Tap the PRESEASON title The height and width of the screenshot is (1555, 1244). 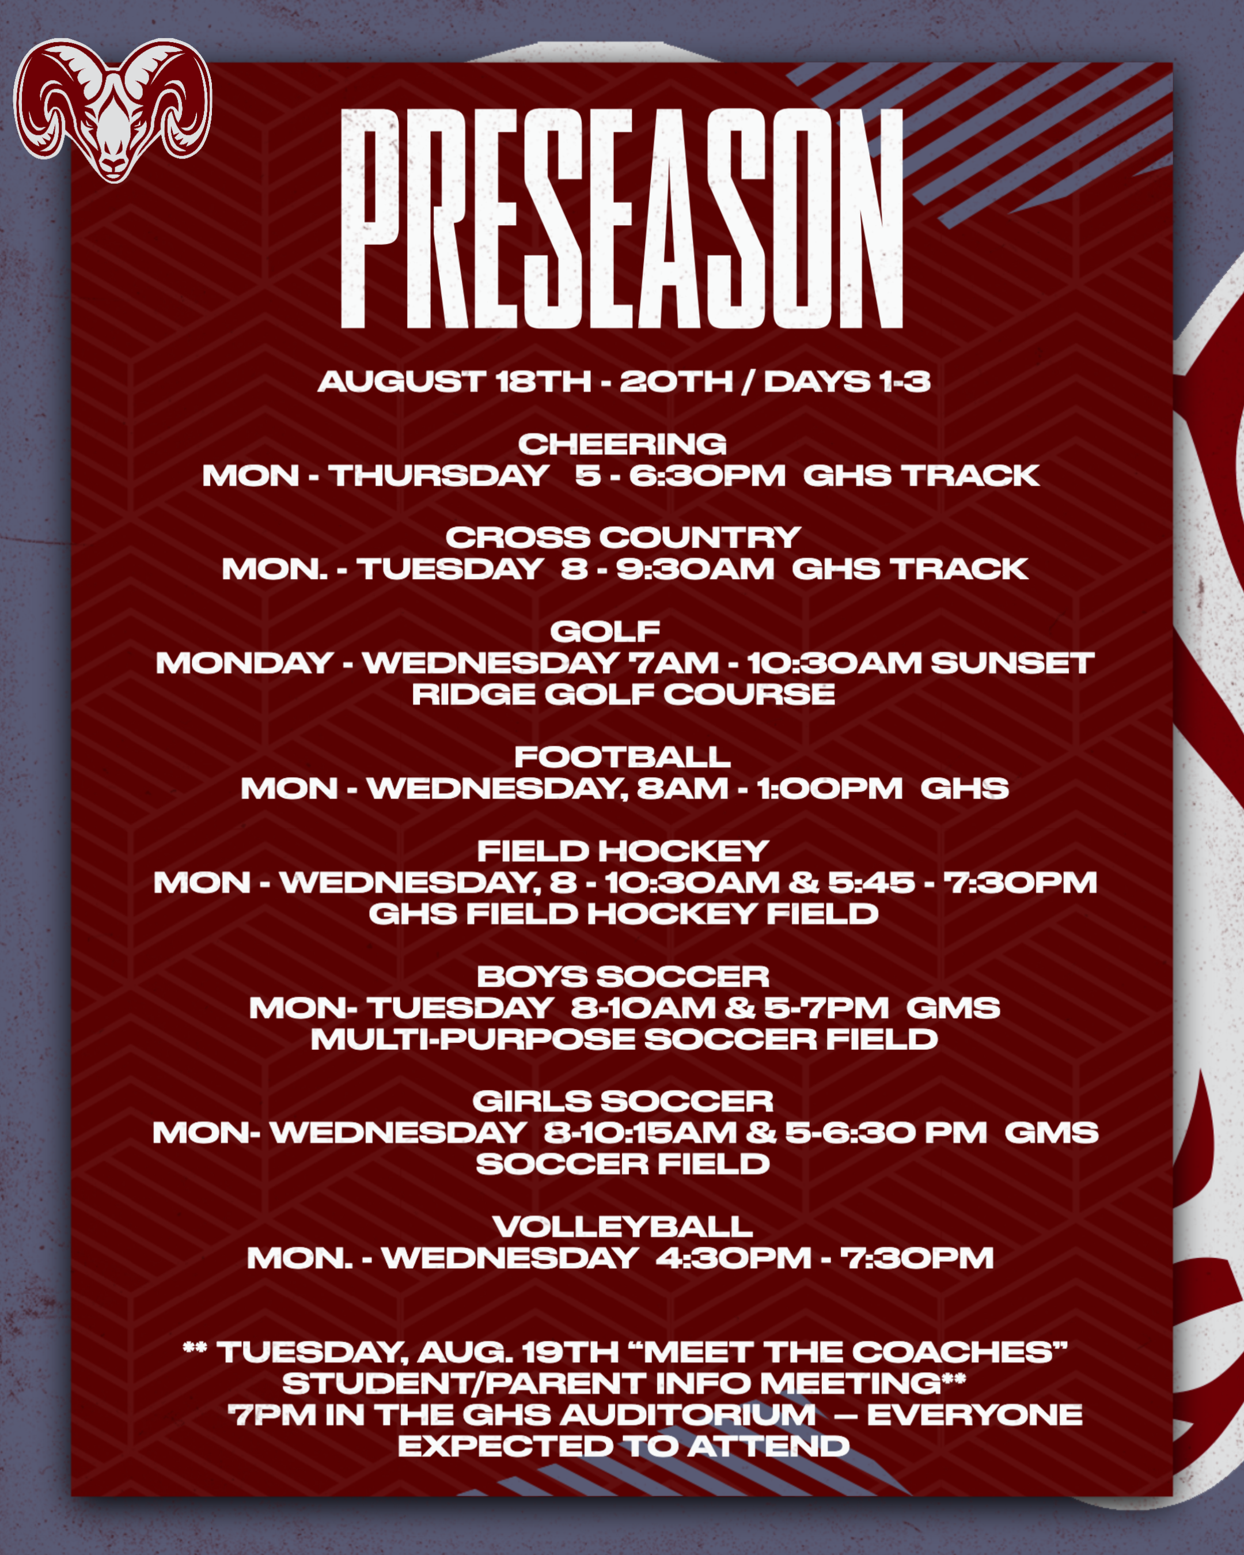pos(621,220)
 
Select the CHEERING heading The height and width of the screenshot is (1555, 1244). pos(621,444)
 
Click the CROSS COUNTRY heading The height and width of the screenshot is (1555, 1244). pos(623,538)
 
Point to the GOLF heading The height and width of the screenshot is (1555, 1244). pos(605,632)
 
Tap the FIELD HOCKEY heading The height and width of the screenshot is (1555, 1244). pos(623,851)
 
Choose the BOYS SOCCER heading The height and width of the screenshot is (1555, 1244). pos(623,977)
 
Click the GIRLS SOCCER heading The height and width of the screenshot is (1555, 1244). pos(623,1102)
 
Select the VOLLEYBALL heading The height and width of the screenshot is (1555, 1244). pos(623,1227)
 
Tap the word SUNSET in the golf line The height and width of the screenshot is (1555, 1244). pos(1012,664)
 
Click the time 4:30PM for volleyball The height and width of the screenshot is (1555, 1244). pos(733,1258)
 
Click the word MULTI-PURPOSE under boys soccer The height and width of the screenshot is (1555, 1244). pos(472,1039)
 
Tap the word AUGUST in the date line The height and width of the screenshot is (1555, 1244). pos(401,382)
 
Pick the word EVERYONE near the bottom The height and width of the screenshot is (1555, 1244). pos(974,1415)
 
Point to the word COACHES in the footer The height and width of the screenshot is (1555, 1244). pos(956,1352)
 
